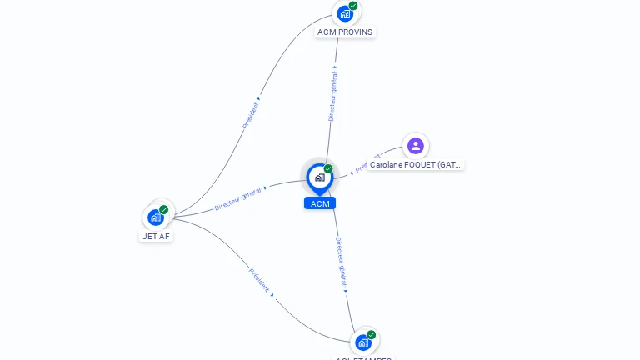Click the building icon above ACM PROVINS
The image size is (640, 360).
(344, 13)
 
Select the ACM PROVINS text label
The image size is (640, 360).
(345, 32)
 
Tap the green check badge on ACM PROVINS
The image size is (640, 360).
(353, 6)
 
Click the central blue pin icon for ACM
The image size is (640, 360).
(319, 177)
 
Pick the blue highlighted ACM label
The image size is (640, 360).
(320, 203)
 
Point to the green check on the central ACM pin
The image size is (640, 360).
(328, 169)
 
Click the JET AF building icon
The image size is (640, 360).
(155, 217)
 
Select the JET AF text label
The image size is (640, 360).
(156, 236)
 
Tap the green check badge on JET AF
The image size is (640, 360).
(164, 210)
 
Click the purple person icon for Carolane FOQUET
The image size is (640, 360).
(416, 146)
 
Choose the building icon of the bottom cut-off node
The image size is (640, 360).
(362, 342)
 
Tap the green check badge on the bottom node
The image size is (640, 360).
(372, 335)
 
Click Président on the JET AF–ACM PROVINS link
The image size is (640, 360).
(252, 114)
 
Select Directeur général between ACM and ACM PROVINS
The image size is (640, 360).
(332, 96)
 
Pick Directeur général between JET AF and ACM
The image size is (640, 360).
(238, 198)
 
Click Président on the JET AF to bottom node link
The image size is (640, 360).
(259, 279)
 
